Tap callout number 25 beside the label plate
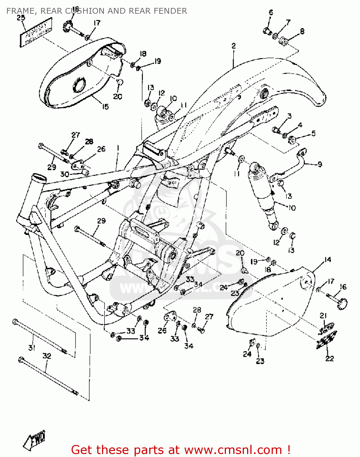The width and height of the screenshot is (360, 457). pos(21,18)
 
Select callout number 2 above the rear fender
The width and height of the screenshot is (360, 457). pos(234,46)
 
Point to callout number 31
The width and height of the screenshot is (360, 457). pos(32,348)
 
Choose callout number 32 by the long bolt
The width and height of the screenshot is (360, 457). pos(46,356)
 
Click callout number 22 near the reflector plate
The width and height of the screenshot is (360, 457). pos(330,358)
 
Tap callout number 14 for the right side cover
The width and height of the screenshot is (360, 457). pos(327,260)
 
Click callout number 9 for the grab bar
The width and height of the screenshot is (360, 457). pos(319,165)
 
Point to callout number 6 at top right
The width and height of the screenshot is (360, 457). pos(271,12)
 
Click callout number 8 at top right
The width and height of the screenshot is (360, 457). pos(302,31)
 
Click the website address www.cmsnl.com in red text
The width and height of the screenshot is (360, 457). pos(233,450)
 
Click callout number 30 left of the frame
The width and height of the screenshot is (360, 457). pos(65,174)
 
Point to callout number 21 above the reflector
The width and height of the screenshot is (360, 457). pos(323,316)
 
